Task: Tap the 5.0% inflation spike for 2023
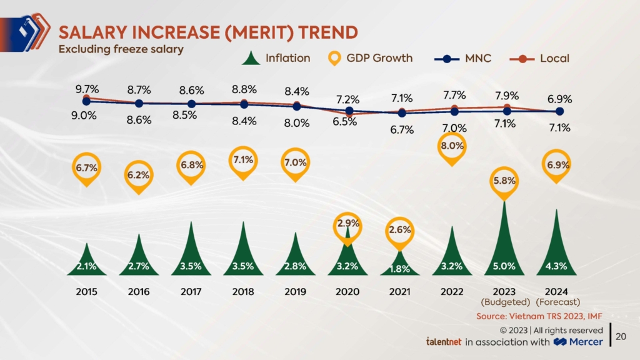tap(504, 250)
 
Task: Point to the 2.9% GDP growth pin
tap(347, 223)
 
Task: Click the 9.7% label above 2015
tap(86, 89)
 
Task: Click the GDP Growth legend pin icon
tap(335, 59)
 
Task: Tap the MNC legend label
tap(479, 59)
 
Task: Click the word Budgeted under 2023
tap(504, 302)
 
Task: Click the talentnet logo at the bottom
tap(443, 342)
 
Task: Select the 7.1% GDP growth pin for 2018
tap(244, 160)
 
